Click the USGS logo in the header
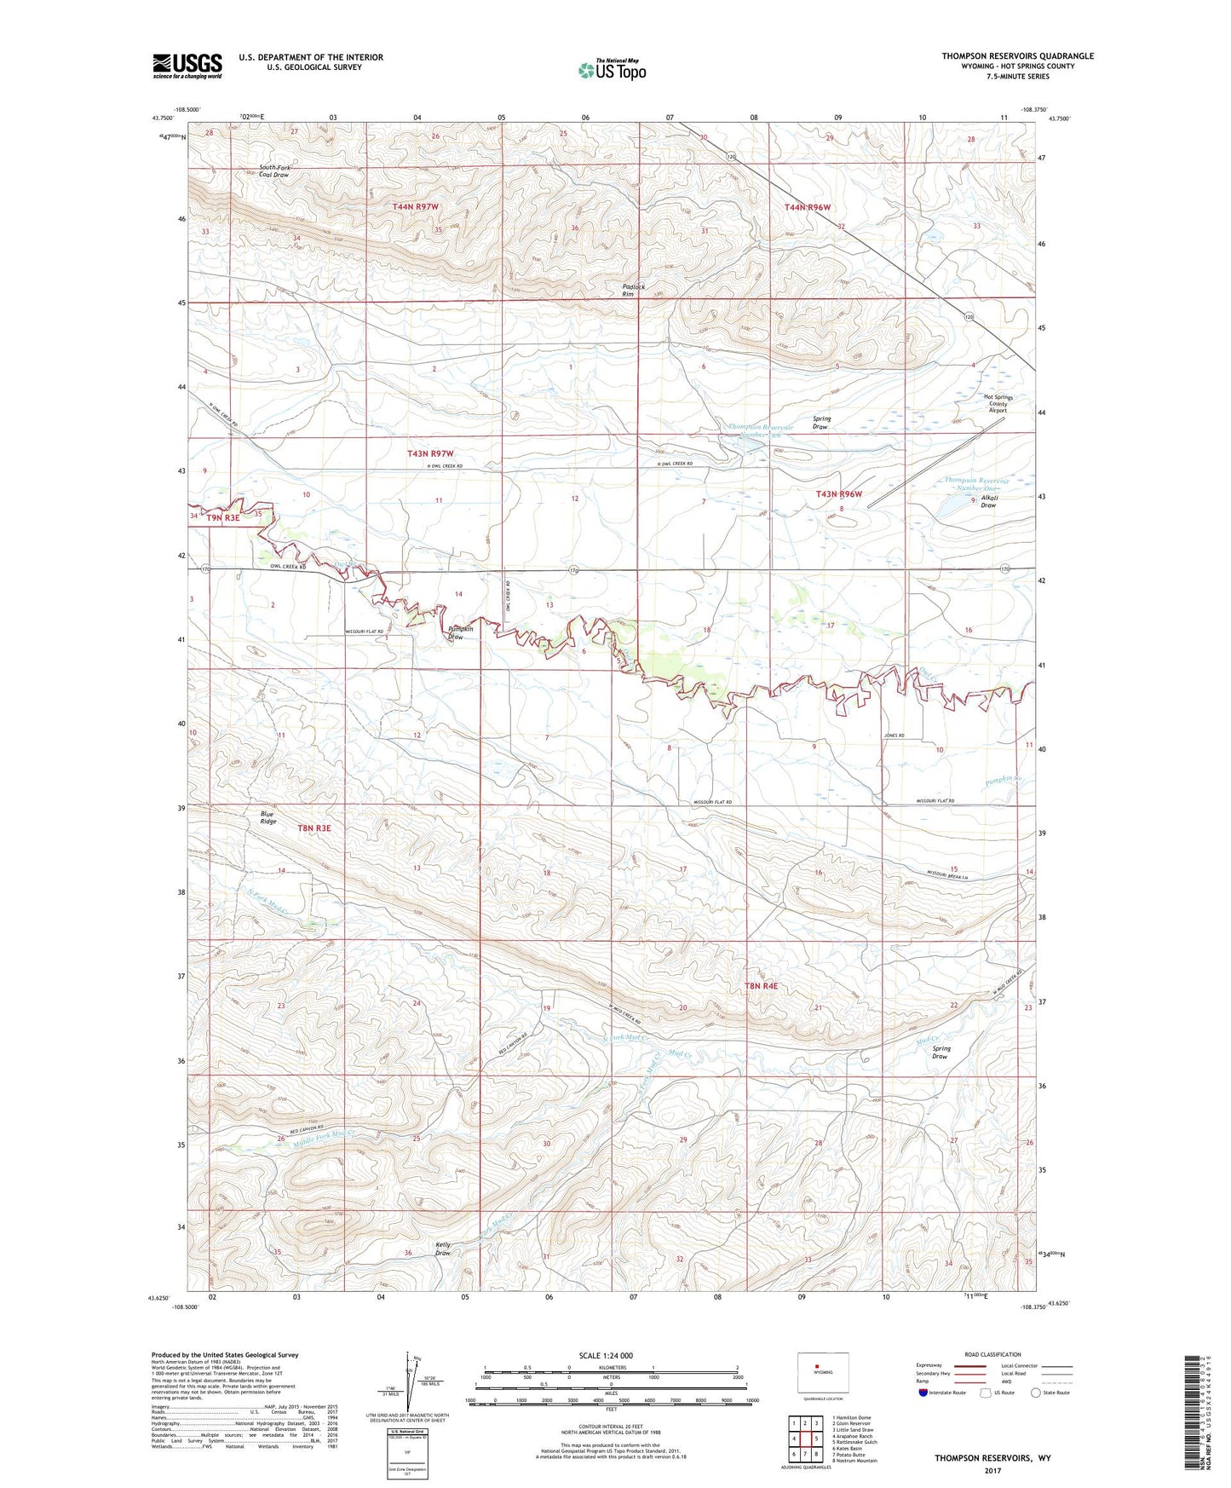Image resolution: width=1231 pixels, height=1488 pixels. coord(187,65)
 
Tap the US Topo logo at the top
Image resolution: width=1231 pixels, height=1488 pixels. coord(612,69)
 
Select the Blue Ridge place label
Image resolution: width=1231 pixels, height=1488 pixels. coord(268,817)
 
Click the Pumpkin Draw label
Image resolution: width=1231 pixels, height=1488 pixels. coord(456,633)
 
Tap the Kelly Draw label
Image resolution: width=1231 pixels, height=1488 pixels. coord(443,1249)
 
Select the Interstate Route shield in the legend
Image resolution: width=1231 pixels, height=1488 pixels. coord(923,1393)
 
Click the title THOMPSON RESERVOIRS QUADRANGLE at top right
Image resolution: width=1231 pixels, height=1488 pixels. coord(1017,56)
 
